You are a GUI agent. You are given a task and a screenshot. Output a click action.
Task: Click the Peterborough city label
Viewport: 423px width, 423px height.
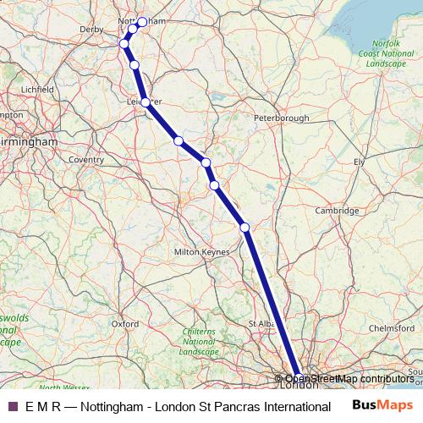(x=280, y=118)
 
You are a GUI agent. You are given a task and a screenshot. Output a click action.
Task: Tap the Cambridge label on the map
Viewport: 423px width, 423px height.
(x=331, y=210)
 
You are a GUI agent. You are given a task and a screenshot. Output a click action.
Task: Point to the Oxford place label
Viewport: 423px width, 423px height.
(x=124, y=323)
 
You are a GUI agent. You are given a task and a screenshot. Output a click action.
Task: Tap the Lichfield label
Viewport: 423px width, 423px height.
(x=37, y=88)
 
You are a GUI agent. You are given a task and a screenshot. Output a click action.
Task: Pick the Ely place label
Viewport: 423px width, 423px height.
(x=359, y=161)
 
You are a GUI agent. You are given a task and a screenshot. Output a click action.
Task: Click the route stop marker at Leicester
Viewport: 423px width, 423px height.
(x=146, y=102)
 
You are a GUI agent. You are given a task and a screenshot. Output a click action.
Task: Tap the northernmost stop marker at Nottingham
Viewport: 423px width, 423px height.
(x=142, y=22)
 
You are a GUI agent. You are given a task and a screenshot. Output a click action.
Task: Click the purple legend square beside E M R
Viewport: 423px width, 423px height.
(x=12, y=406)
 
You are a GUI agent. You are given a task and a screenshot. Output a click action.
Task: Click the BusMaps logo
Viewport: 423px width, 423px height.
(x=383, y=405)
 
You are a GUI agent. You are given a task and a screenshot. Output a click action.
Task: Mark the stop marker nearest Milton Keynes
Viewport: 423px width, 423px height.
(x=244, y=227)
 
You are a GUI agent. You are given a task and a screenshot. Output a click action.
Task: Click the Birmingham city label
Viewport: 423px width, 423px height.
(x=29, y=141)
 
